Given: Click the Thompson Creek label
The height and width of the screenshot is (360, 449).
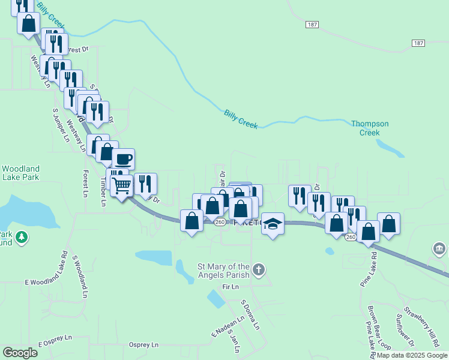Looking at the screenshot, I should point(370,128).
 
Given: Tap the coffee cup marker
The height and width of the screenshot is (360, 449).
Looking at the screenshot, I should point(123,160).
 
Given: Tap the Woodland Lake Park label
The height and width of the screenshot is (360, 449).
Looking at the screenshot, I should point(20,173).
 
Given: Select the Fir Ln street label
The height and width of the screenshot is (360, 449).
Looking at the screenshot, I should point(231,287).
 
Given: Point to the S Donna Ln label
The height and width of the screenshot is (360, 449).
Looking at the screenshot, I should point(250,316).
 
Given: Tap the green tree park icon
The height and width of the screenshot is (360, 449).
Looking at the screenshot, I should point(22,238).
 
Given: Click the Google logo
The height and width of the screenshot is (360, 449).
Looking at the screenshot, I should point(20,353).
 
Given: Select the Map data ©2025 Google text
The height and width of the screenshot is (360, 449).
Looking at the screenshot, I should point(412,355).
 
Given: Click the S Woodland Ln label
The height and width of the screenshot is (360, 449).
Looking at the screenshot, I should point(80,277).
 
